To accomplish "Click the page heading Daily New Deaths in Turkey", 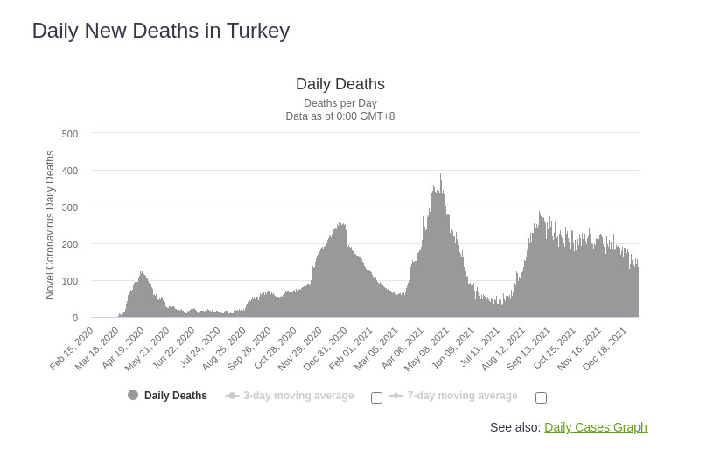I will (x=160, y=31).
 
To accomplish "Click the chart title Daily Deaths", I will (x=339, y=84).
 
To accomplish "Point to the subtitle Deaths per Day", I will (x=339, y=103).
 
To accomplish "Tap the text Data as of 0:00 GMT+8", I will (x=339, y=116).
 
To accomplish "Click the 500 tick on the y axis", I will (x=70, y=134).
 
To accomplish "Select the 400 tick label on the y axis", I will (x=70, y=171).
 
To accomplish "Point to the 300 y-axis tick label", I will (x=70, y=207).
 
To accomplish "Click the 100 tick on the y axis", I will (x=70, y=281).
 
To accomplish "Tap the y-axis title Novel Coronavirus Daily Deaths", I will (x=50, y=225).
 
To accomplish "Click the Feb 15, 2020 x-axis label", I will (x=73, y=348).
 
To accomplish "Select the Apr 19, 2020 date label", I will (x=123, y=348).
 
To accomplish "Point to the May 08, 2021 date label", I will (x=429, y=348).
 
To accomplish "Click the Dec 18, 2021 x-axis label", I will (x=607, y=348).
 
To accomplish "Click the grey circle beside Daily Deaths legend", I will (x=133, y=395).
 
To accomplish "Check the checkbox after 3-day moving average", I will (x=376, y=397).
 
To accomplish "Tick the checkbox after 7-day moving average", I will (x=541, y=397).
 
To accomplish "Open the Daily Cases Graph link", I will (x=595, y=427).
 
